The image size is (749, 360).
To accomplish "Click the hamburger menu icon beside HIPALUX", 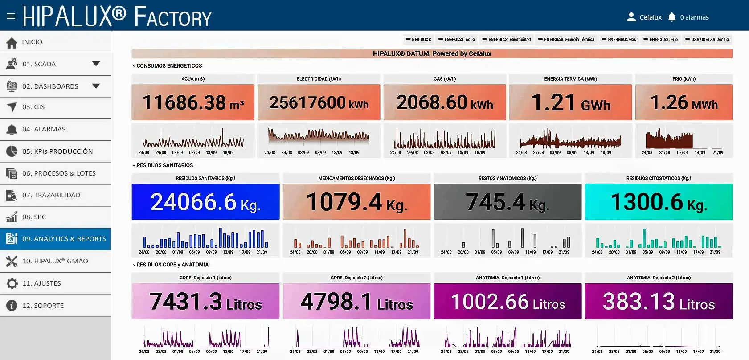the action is pos(11,16).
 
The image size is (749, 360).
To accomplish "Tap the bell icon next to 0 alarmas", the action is pos(672,17).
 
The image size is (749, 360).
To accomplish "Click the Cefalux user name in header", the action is pos(651,17).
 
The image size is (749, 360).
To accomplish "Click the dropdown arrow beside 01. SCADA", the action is pos(96,64).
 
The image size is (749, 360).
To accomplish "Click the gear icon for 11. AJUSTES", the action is pos(12,283).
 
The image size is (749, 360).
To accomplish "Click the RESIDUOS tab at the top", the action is pos(418,40).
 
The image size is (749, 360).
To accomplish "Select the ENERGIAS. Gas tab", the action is pos(618,40).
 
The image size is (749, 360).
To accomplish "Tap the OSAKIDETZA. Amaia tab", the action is pos(707,40).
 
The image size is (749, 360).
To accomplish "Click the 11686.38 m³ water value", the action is pos(193,102).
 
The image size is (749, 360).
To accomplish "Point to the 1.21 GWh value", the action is pos(570,102).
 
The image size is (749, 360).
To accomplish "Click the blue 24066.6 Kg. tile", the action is pos(206,202).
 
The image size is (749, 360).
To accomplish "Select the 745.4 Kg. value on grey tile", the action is pos(507,202).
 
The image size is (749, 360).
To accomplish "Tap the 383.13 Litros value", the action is pos(659,302).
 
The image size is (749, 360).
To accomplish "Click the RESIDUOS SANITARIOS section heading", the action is pos(164,165).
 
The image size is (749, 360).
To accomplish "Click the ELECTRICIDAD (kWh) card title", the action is pos(319,79).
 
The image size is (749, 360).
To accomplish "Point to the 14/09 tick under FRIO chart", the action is pos(700,153).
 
